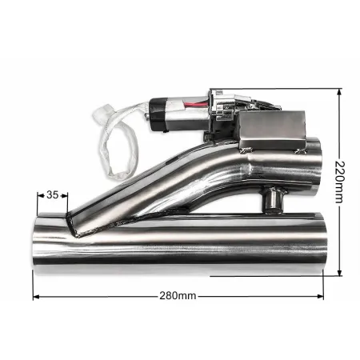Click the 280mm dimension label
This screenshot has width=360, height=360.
tap(178, 296)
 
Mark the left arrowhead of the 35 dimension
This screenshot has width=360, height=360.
tap(37, 194)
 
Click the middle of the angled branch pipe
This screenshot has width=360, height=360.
tap(152, 188)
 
